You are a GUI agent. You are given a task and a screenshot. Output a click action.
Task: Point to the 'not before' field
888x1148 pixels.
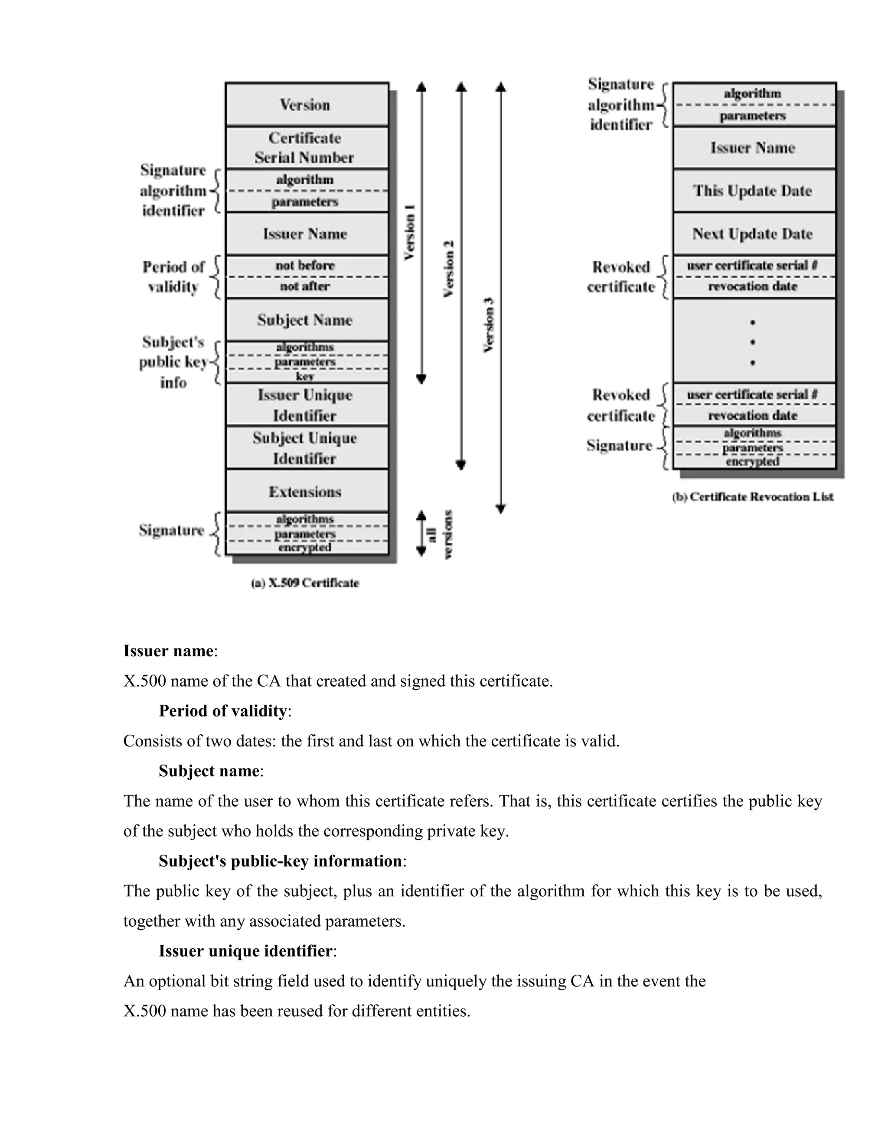point(306,266)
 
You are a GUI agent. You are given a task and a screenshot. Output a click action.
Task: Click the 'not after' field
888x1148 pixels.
point(306,286)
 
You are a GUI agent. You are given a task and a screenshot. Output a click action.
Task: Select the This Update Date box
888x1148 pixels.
point(753,191)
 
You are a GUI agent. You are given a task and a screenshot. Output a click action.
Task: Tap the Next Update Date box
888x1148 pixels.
point(753,233)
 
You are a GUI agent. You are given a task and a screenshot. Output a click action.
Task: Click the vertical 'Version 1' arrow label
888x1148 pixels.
point(410,232)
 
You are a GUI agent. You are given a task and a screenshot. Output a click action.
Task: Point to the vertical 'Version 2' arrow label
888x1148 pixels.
point(449,269)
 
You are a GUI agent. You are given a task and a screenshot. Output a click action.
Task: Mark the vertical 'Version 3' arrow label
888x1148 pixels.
point(489,325)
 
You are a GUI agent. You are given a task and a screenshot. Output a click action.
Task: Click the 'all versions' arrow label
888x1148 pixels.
point(441,534)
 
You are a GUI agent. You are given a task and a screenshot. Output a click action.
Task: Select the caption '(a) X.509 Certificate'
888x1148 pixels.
point(305,583)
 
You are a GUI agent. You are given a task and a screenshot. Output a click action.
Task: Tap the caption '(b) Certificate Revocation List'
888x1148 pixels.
point(753,497)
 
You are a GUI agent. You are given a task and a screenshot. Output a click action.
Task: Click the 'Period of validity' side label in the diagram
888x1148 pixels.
point(173,276)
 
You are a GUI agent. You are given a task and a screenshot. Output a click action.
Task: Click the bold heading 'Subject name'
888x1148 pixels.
point(209,771)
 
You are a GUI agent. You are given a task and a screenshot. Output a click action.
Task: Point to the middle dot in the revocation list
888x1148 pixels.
point(753,342)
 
